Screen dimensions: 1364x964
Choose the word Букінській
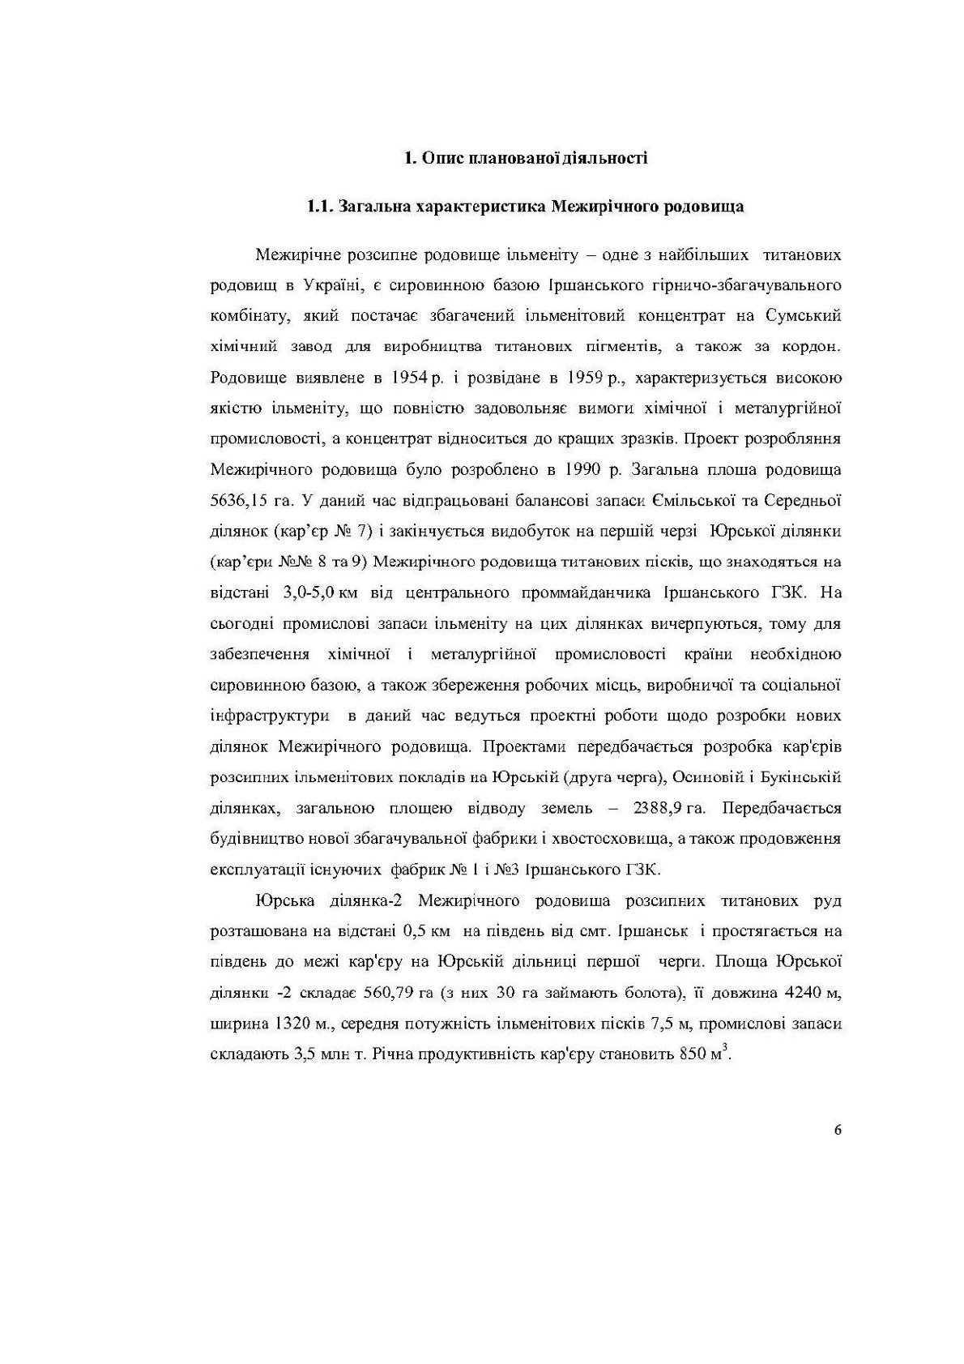point(805,778)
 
